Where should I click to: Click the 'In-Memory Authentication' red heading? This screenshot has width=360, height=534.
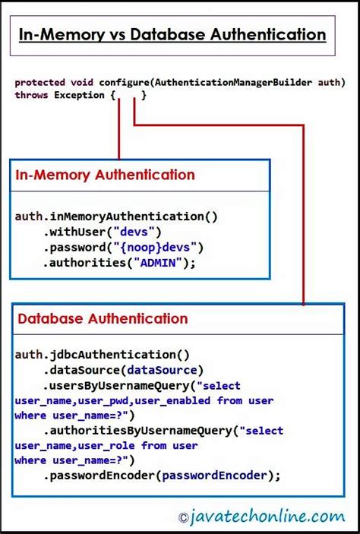click(105, 175)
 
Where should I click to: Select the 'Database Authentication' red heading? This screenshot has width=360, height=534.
click(103, 319)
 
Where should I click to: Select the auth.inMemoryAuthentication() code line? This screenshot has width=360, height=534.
click(115, 216)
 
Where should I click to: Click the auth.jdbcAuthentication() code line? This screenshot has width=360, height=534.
click(102, 354)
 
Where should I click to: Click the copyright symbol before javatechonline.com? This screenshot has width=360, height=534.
click(183, 518)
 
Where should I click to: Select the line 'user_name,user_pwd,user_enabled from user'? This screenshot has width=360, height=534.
click(144, 400)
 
